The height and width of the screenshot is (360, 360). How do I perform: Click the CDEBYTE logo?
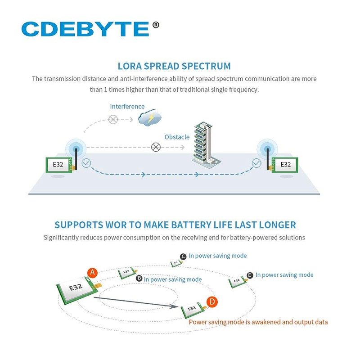click(85, 29)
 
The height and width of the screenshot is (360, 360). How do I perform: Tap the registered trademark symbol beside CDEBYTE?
click(156, 25)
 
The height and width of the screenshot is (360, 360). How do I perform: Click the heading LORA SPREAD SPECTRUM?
click(174, 66)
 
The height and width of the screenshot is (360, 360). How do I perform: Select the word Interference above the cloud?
click(127, 107)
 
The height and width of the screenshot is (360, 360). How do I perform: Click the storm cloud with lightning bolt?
click(149, 118)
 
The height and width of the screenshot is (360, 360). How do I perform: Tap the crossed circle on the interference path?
click(113, 119)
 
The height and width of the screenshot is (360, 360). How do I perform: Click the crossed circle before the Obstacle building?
click(156, 147)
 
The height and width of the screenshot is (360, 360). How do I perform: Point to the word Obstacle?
click(177, 137)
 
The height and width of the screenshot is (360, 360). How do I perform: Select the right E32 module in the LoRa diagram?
click(285, 165)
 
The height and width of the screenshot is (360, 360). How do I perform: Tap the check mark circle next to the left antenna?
click(86, 163)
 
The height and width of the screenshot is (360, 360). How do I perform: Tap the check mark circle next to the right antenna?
click(256, 163)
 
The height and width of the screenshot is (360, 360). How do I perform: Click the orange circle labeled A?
click(92, 273)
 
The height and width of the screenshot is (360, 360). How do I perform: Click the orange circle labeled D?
click(212, 302)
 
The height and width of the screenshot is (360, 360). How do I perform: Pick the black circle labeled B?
click(139, 279)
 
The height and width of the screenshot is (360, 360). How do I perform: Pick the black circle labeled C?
click(183, 256)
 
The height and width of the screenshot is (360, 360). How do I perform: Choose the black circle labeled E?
click(250, 275)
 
